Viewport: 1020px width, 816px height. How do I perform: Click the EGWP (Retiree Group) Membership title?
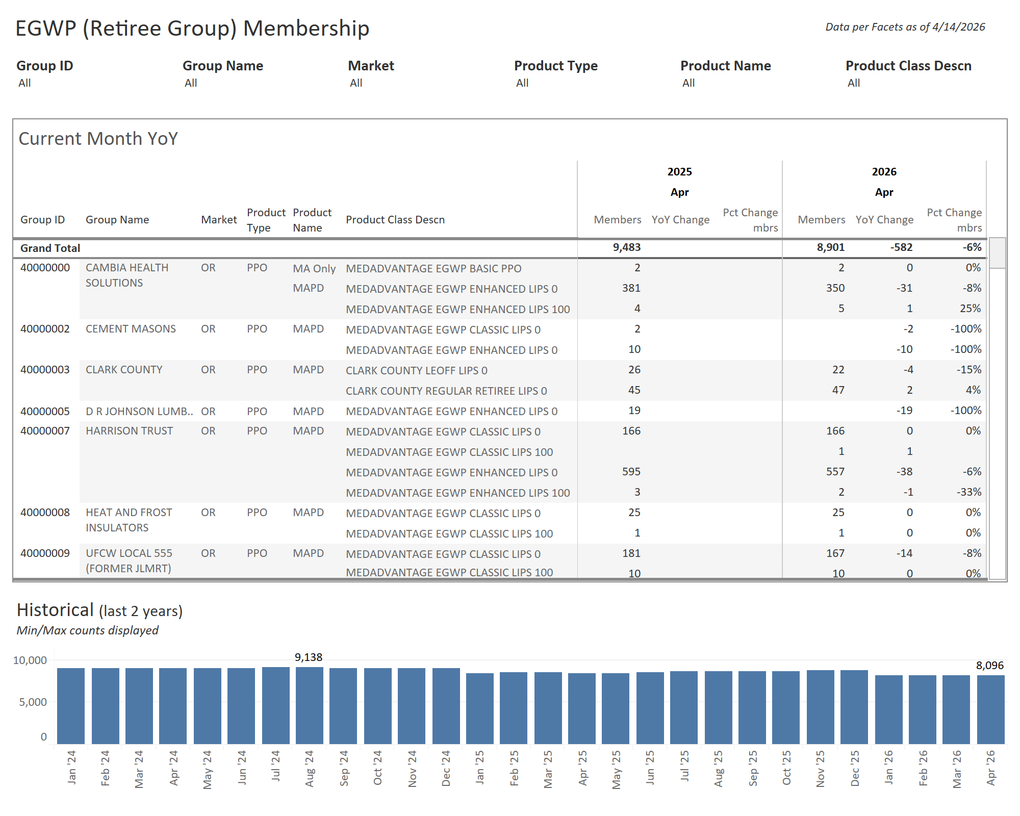pyautogui.click(x=192, y=28)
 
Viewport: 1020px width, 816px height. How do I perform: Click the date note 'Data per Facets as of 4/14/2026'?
pyautogui.click(x=905, y=27)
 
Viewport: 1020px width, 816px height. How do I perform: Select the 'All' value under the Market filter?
pyautogui.click(x=356, y=83)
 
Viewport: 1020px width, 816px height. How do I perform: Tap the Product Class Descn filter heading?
pyautogui.click(x=908, y=66)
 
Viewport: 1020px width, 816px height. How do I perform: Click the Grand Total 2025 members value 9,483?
pyautogui.click(x=626, y=247)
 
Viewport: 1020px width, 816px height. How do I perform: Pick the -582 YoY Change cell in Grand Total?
pyautogui.click(x=901, y=247)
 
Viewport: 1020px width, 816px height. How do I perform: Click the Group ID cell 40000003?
pyautogui.click(x=45, y=370)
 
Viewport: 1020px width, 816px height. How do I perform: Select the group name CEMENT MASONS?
pyautogui.click(x=131, y=329)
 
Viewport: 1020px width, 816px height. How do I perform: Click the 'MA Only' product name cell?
pyautogui.click(x=314, y=269)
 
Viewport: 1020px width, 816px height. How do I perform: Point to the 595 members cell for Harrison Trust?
pyautogui.click(x=631, y=472)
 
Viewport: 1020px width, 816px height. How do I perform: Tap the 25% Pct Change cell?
pyautogui.click(x=970, y=309)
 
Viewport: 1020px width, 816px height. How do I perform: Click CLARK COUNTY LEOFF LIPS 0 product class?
pyautogui.click(x=416, y=371)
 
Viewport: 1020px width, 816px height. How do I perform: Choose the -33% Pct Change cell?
pyautogui.click(x=968, y=492)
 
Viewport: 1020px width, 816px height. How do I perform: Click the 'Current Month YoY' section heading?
pyautogui.click(x=98, y=139)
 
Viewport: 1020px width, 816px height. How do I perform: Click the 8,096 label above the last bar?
pyautogui.click(x=989, y=666)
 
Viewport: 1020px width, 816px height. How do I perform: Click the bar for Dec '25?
pyautogui.click(x=854, y=707)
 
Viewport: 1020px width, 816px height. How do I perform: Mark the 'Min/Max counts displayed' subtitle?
pyautogui.click(x=87, y=630)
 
